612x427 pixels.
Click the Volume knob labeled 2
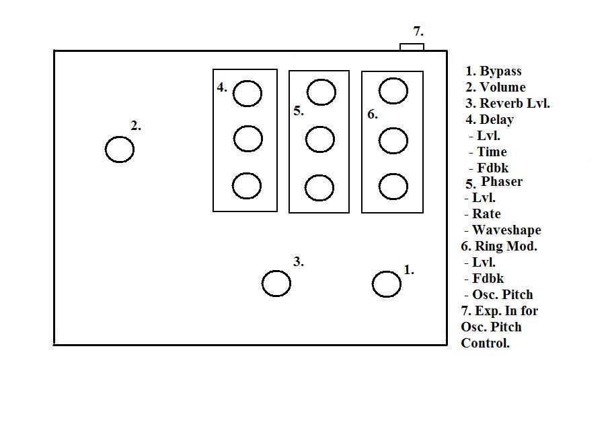coord(120,149)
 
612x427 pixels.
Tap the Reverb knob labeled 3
coord(276,284)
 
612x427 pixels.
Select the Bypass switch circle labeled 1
coord(387,284)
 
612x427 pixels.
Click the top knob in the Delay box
coord(247,94)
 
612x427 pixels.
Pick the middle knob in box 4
coord(247,139)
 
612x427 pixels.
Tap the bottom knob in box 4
coord(247,185)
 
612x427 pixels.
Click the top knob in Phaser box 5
coord(321,92)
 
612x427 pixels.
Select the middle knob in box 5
coord(319,140)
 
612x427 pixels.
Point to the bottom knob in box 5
coord(319,188)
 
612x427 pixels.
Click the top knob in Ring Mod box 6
coord(393,91)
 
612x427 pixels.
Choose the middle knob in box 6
coord(393,141)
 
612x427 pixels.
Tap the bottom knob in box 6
coord(393,187)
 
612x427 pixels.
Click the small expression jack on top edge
coord(412,46)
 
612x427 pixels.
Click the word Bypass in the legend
coord(500,71)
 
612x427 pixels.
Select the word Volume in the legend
coord(502,88)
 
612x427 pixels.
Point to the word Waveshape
coord(506,230)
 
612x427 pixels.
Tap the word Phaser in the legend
coord(502,182)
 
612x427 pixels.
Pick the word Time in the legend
coord(492,152)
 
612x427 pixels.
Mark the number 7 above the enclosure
coord(418,32)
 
